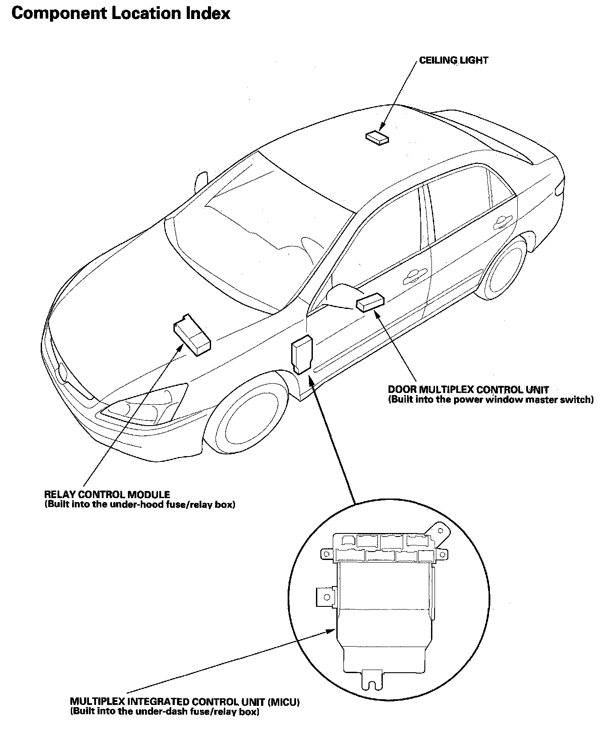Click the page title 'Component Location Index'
121,14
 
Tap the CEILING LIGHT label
454,60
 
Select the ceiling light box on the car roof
377,137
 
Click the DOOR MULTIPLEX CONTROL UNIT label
468,389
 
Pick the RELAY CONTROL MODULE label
107,494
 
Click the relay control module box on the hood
192,334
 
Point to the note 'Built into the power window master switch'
491,400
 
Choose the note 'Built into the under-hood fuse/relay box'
140,504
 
